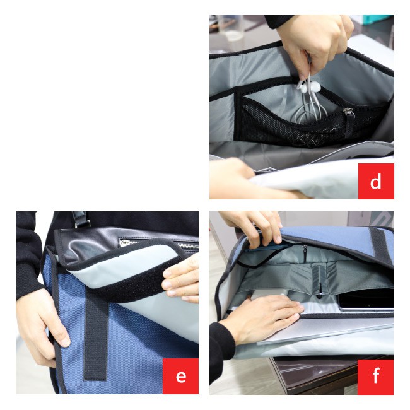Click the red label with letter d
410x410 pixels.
point(376,181)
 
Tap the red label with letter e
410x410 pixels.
point(180,376)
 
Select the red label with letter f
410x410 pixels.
point(375,377)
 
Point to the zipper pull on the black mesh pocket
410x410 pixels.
point(349,112)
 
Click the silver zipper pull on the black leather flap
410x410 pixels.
point(125,243)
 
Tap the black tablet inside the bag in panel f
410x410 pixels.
point(366,300)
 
